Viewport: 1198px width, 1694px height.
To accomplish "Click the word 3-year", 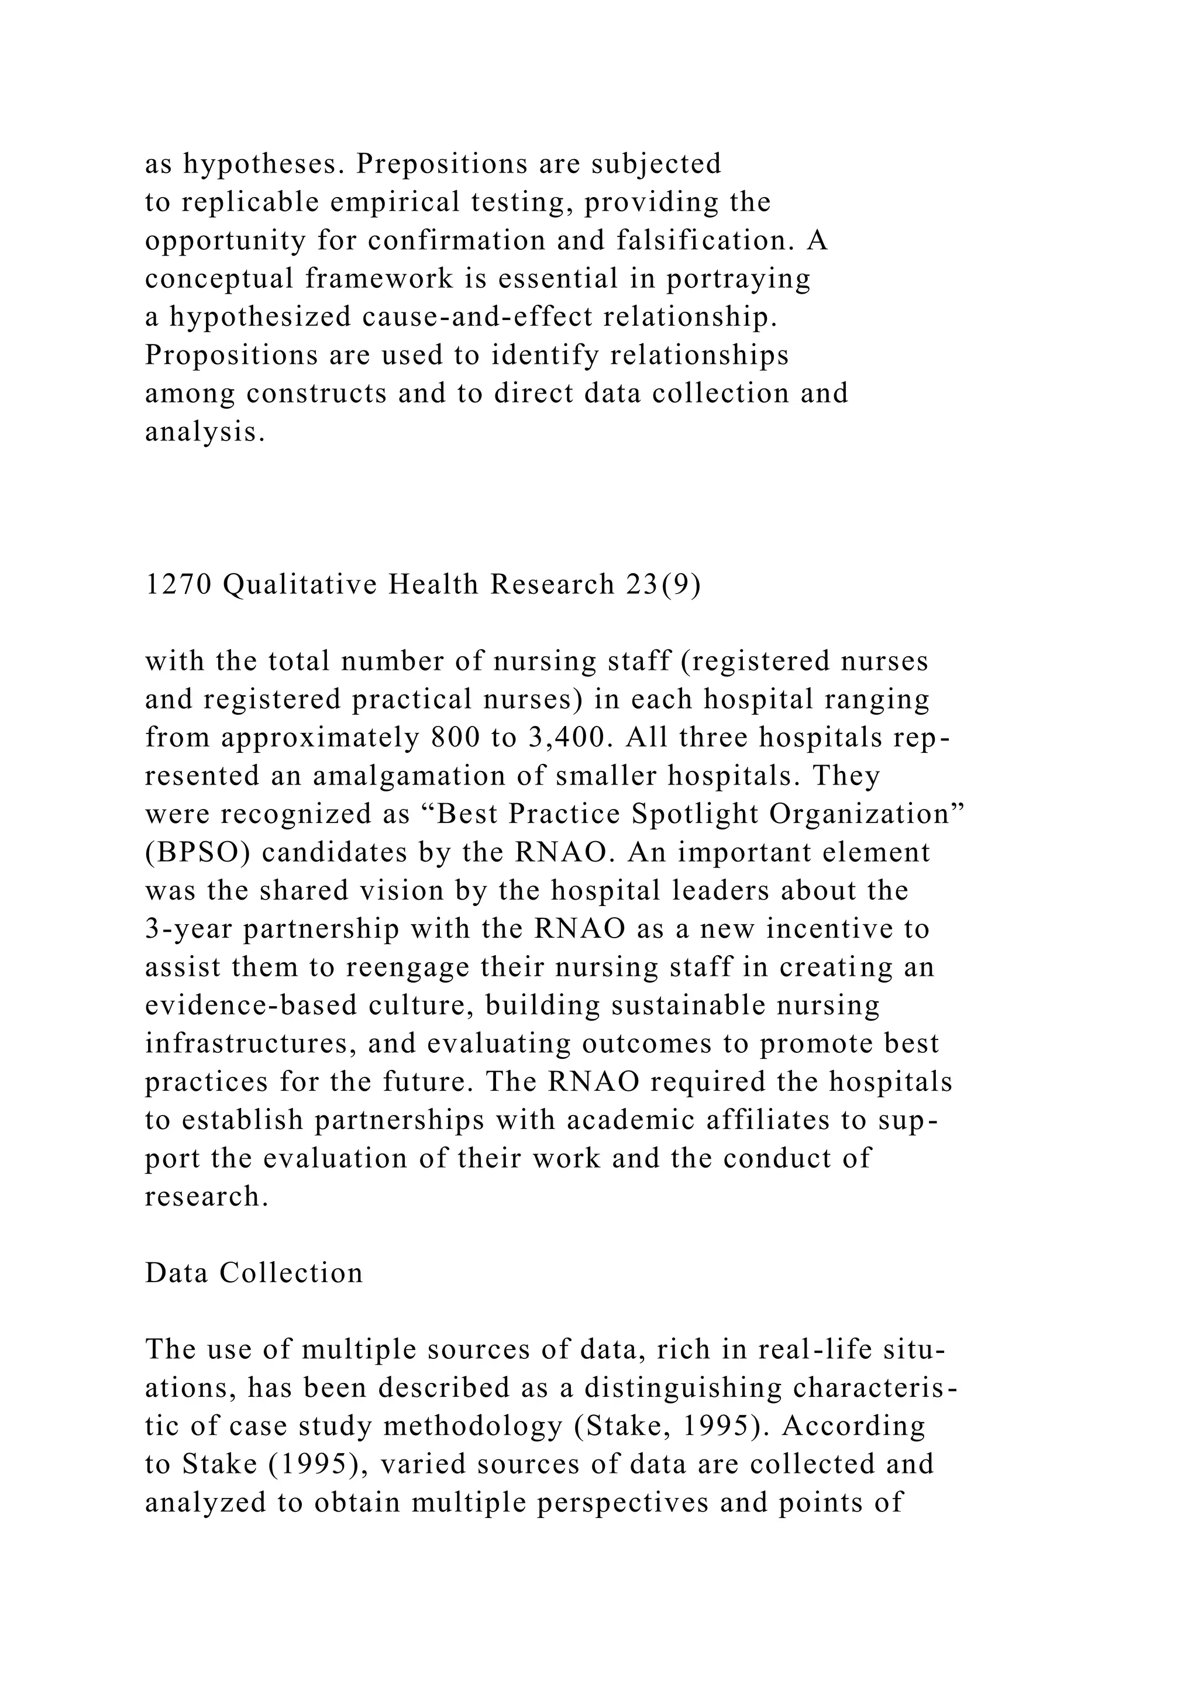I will click(189, 929).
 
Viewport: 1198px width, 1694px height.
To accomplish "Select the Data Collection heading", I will click(254, 1273).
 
